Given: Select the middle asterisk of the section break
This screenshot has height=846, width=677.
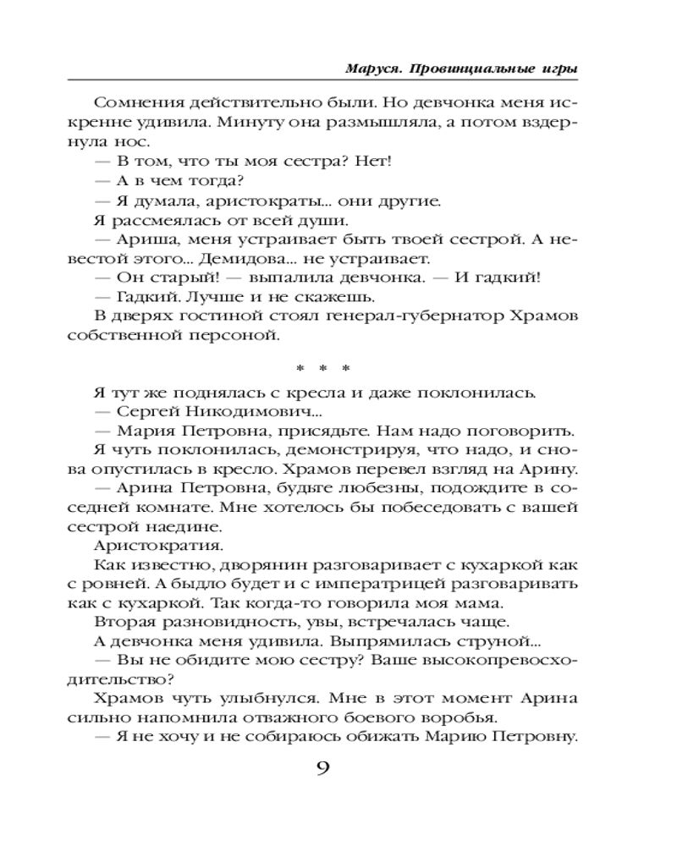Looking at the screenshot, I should (322, 368).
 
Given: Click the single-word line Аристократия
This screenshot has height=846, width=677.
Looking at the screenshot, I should (151, 545).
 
